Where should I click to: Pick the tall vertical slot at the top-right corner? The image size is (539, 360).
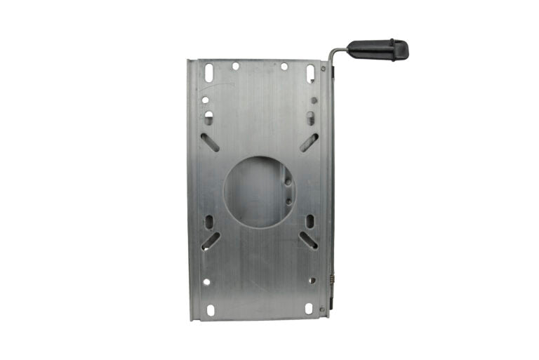pyautogui.click(x=310, y=72)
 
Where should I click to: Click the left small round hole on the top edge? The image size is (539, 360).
pyautogui.click(x=235, y=66)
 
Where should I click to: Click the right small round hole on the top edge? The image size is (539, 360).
pyautogui.click(x=284, y=66)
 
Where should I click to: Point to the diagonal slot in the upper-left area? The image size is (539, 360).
pyautogui.click(x=210, y=142)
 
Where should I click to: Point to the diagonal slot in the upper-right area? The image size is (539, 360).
pyautogui.click(x=309, y=142)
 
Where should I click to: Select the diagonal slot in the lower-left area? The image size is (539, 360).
pyautogui.click(x=210, y=241)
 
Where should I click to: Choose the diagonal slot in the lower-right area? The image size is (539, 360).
pyautogui.click(x=310, y=240)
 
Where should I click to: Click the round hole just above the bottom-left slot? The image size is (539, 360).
pyautogui.click(x=206, y=281)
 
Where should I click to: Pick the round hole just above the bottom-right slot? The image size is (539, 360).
pyautogui.click(x=312, y=280)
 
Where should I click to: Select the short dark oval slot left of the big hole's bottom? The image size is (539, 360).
pyautogui.click(x=209, y=222)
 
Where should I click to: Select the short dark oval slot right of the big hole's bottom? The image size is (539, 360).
pyautogui.click(x=310, y=222)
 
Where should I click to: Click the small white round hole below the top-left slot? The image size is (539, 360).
pyautogui.click(x=205, y=100)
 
